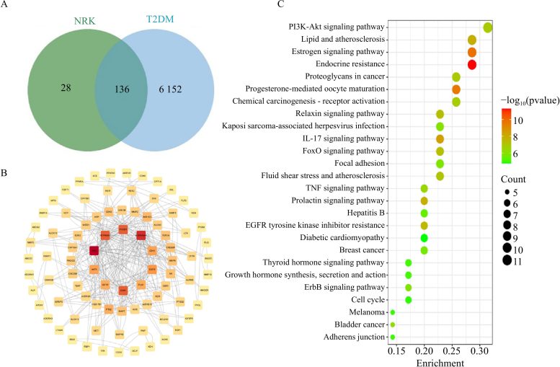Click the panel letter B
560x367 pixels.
click(x=6, y=153)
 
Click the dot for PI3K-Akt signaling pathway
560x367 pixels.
click(x=488, y=27)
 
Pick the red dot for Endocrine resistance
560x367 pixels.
click(x=472, y=65)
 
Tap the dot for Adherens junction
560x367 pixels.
click(x=392, y=337)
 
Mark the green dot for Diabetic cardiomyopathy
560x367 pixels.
click(x=424, y=237)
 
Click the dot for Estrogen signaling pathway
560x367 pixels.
click(x=472, y=52)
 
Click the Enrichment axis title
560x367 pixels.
click(x=440, y=362)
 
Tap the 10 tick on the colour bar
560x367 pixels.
click(x=528, y=120)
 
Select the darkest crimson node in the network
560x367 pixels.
click(x=94, y=250)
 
